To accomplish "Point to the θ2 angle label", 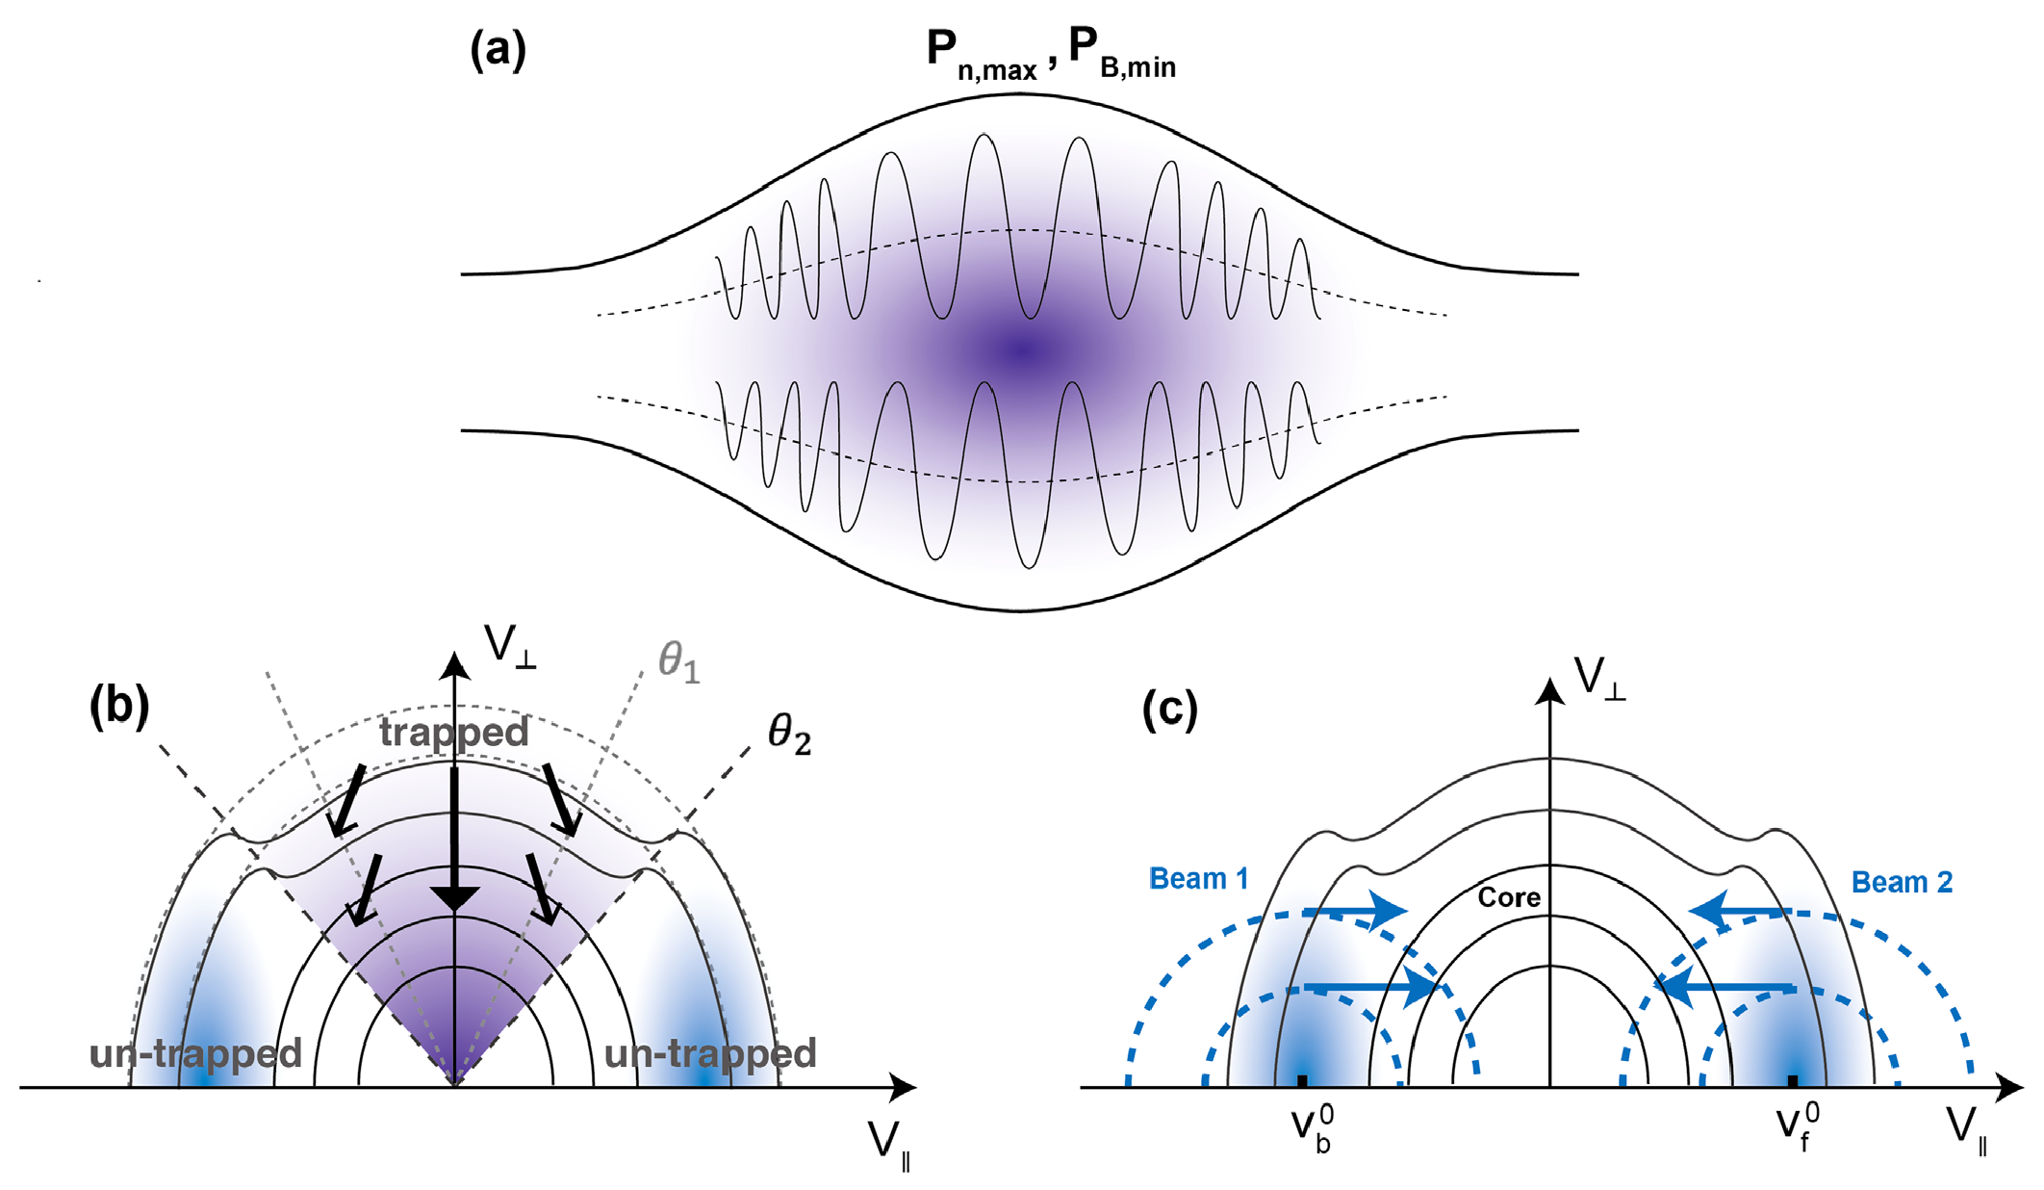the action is click(x=789, y=735).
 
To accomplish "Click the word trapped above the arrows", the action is click(x=453, y=733).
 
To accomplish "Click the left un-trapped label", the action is click(x=195, y=1053).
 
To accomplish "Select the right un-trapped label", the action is click(x=710, y=1053).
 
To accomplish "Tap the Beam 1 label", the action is click(x=1199, y=878).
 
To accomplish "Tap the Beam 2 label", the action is click(x=1903, y=882).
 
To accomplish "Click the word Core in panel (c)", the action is click(x=1509, y=897).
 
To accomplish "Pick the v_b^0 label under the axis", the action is click(x=1313, y=1128).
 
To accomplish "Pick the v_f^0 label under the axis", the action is click(x=1798, y=1126).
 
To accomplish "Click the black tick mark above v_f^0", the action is click(x=1793, y=1081).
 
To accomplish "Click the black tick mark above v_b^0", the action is click(x=1302, y=1081).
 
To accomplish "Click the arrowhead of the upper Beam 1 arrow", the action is click(x=1387, y=910).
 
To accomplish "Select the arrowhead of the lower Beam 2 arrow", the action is click(x=1675, y=988).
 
